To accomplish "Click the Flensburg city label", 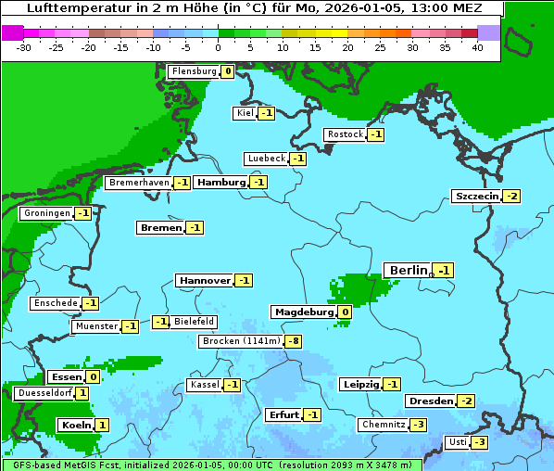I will click(x=193, y=71).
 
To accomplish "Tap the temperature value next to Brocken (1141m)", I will click(x=293, y=341).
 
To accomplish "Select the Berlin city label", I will click(x=408, y=270).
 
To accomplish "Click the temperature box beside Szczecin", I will click(x=511, y=196).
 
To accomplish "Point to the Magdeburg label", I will click(x=303, y=312).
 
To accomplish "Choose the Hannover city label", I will click(x=204, y=280).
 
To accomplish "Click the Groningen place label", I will click(x=45, y=213).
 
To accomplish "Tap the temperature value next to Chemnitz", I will click(x=419, y=425).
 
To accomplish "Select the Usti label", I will click(x=456, y=442).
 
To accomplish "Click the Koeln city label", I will click(x=75, y=425).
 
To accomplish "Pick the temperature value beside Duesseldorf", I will click(x=82, y=393).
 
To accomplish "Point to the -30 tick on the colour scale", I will click(x=24, y=47).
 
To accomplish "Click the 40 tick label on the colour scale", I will click(x=477, y=47).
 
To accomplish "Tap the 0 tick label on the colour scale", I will click(x=219, y=47).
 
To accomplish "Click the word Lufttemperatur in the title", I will click(x=70, y=8).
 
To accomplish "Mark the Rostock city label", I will click(x=346, y=134).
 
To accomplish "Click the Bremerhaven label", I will click(x=138, y=183).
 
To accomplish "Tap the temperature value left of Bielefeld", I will click(x=161, y=322).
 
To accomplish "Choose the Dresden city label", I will click(x=430, y=401).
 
